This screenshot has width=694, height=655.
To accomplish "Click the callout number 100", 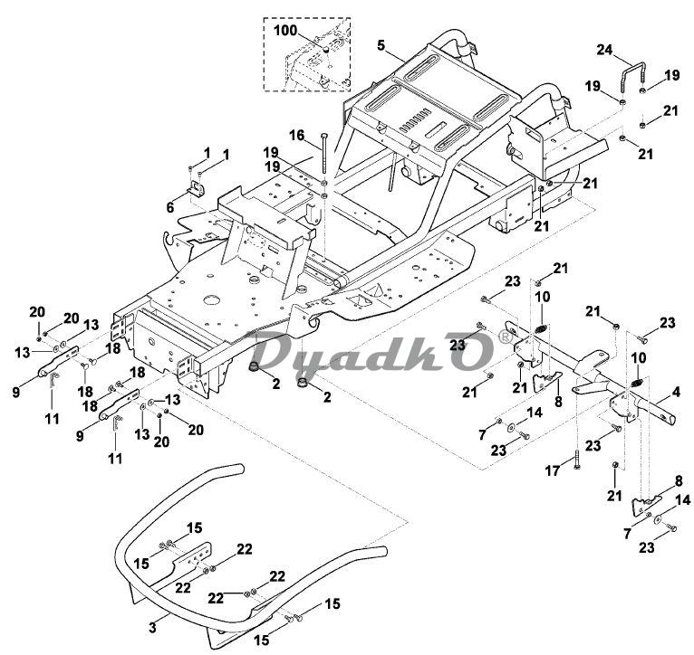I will (x=286, y=31).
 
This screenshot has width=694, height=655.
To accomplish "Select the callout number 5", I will (x=381, y=44).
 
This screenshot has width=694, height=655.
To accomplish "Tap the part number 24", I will (x=603, y=50).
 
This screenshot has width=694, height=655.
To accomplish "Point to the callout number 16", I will (x=296, y=135).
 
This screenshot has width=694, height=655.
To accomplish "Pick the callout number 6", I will (x=169, y=207).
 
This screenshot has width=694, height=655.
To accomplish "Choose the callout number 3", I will (x=153, y=626).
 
